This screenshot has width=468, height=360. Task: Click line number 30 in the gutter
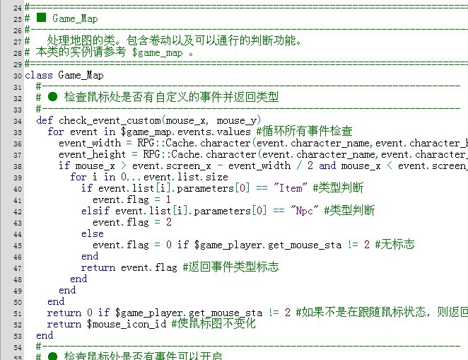coord(18,76)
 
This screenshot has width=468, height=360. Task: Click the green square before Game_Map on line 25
coord(41,18)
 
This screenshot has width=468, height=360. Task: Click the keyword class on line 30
coord(39,75)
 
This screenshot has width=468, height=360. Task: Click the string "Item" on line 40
coord(291,188)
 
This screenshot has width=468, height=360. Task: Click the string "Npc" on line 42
coord(305,211)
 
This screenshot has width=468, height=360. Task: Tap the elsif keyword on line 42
coord(95,211)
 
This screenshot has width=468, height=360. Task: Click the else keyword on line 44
coord(93,233)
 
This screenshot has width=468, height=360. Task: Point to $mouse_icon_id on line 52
coord(127,324)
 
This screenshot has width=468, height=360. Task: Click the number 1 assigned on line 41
coord(169,199)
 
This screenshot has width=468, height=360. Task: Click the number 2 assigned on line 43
coord(169,222)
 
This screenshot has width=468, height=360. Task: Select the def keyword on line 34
coord(45,120)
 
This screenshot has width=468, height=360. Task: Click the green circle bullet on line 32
coord(52,97)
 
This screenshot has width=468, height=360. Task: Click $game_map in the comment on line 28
coord(157,52)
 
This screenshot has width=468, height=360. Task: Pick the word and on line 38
coord(327,166)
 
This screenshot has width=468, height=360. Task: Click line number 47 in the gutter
coord(18,269)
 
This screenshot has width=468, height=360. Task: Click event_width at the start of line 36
coord(90,144)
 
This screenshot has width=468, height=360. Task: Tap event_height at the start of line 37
coord(93,155)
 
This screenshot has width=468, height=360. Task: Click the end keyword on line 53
coord(45,335)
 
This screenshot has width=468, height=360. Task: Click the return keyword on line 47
coord(98,267)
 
